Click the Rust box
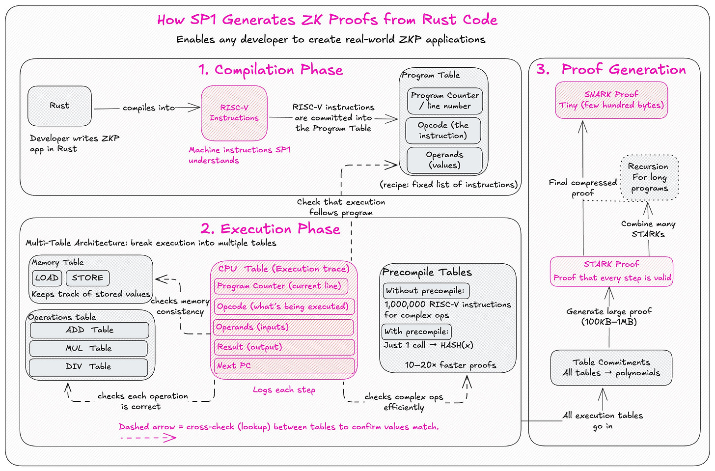tap(60, 106)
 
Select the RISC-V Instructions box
tap(234, 113)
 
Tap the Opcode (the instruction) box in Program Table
tap(443, 130)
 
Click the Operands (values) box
tap(444, 160)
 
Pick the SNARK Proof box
tap(611, 100)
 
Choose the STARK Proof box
tap(611, 271)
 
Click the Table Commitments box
tap(611, 367)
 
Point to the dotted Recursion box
tap(650, 177)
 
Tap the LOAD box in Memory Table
tap(47, 278)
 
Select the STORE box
tap(87, 278)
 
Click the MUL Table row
tap(88, 348)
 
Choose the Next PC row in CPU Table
tap(284, 366)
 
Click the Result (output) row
tap(284, 347)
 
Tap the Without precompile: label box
tap(426, 291)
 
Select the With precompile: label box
tap(416, 332)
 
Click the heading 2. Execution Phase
tap(271, 229)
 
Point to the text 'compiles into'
tap(149, 108)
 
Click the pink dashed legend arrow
tap(148, 438)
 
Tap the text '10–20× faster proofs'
tap(450, 365)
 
